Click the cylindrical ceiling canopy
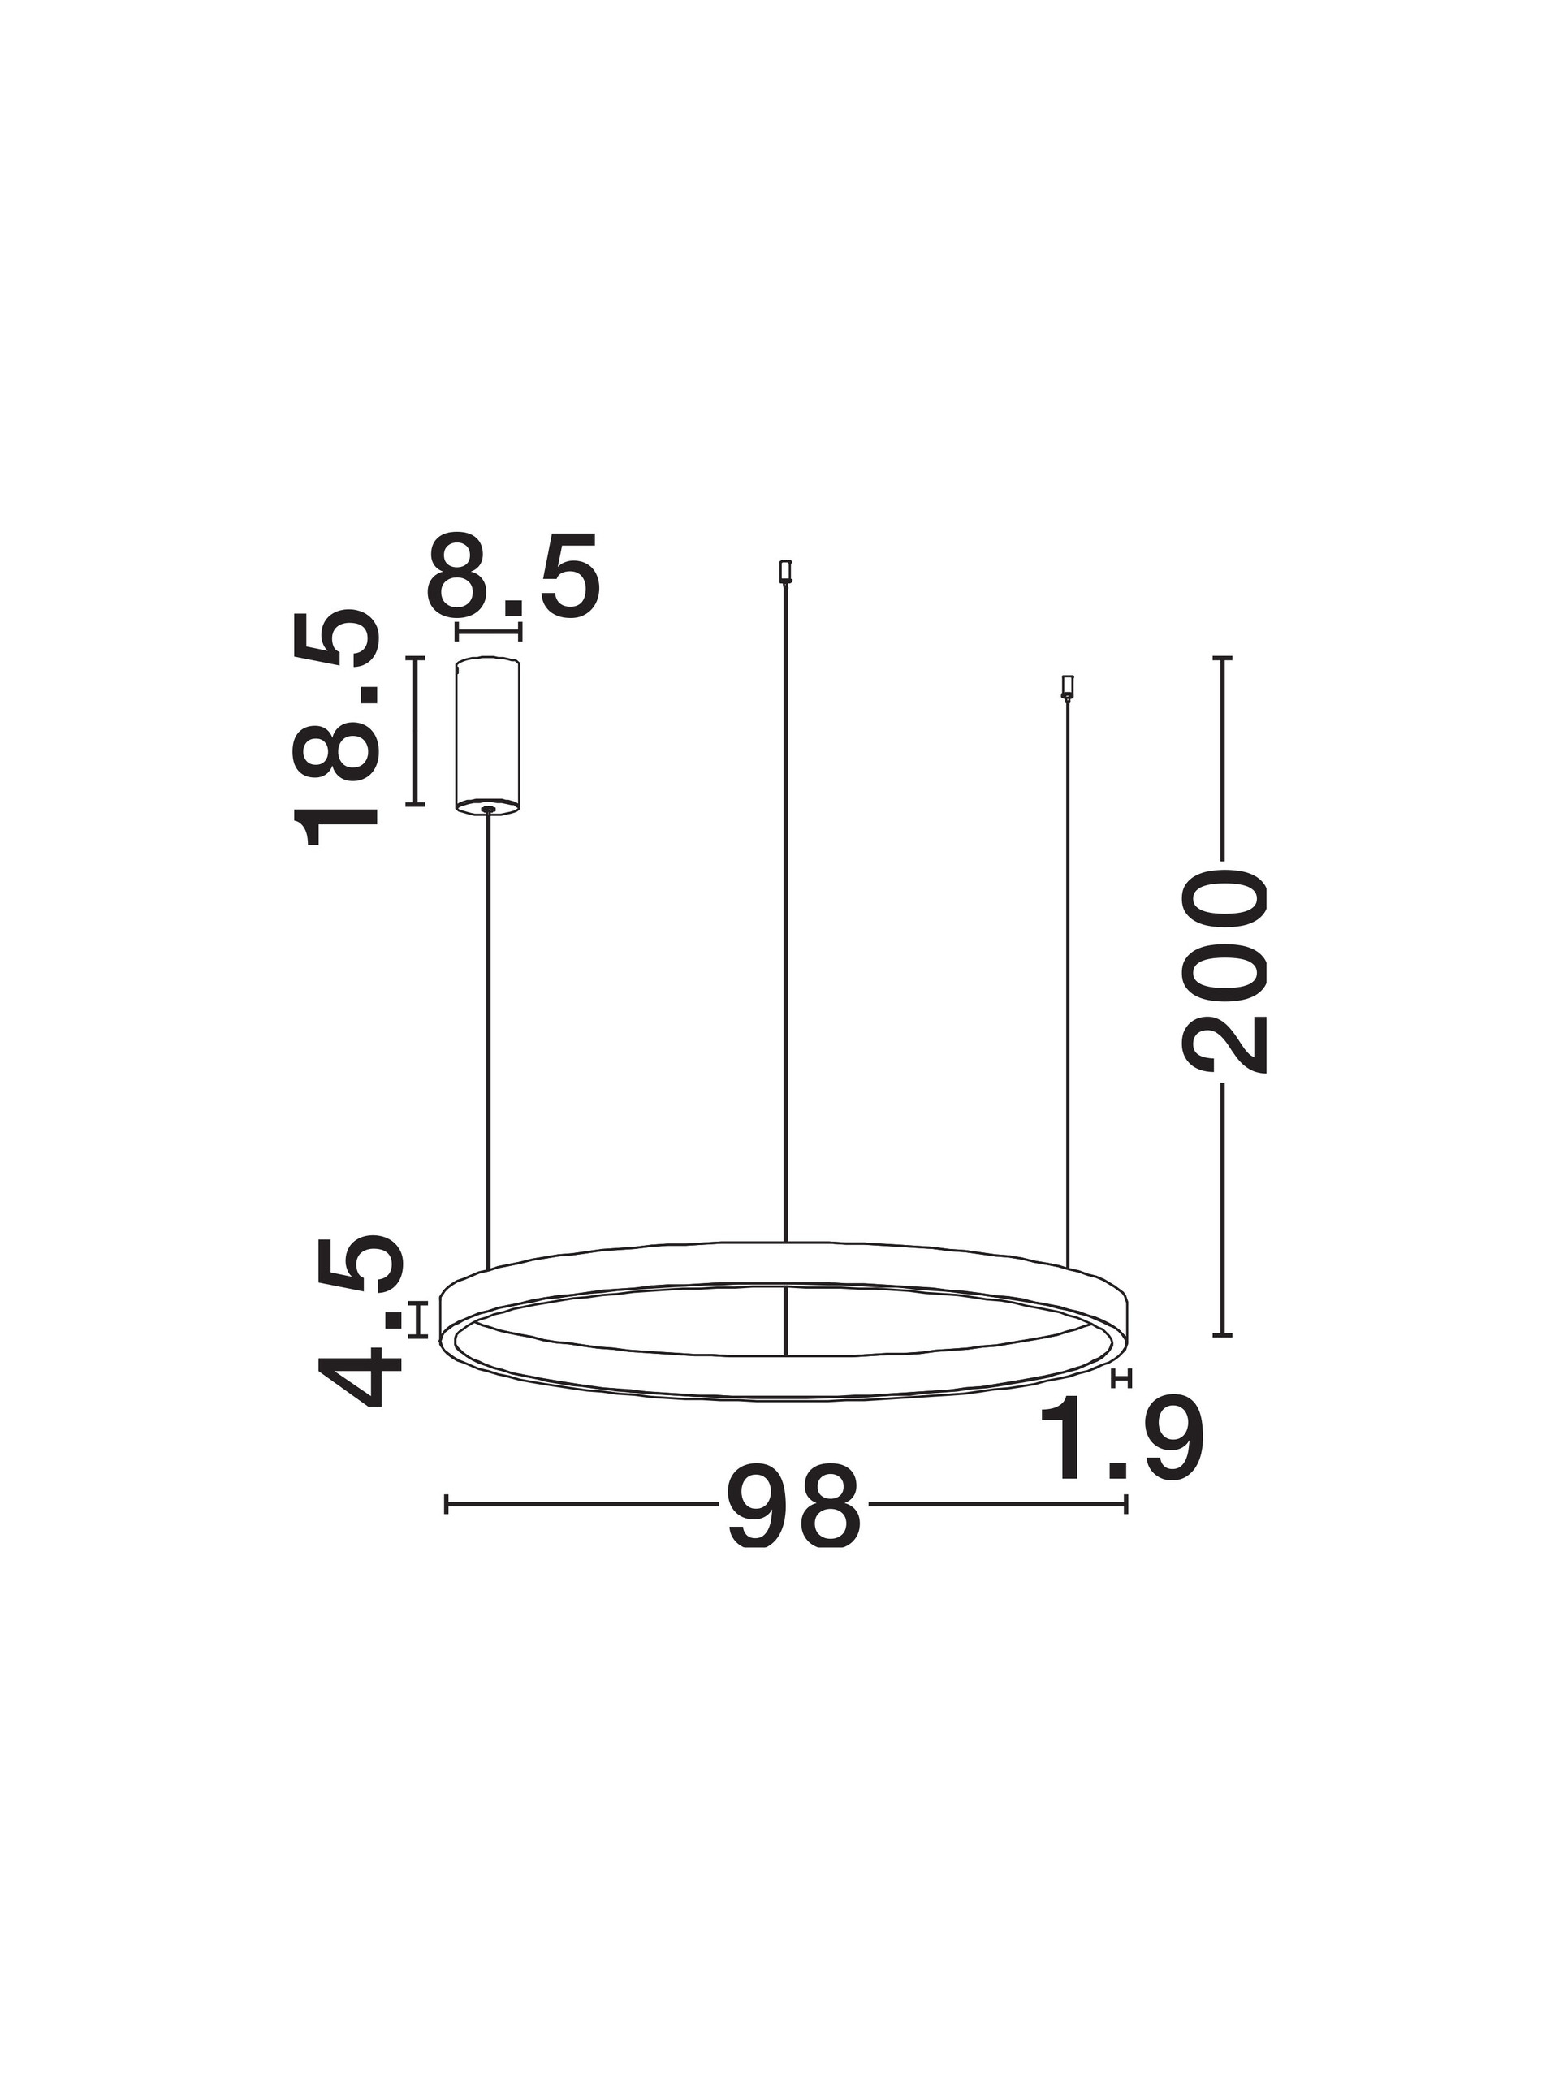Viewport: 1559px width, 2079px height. [x=488, y=734]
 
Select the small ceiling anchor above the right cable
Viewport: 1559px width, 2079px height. [x=1067, y=687]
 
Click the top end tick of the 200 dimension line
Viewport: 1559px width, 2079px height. [x=1222, y=658]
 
